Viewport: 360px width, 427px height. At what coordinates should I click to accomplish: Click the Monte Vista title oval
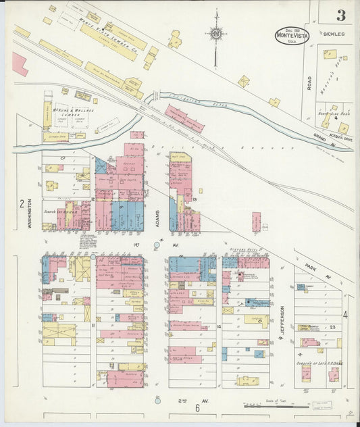point(292,36)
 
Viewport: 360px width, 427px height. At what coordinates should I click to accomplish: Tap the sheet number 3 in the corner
point(342,15)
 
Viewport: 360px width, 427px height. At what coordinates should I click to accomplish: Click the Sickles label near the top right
point(333,33)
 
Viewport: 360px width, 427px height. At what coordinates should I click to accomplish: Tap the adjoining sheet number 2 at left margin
point(22,203)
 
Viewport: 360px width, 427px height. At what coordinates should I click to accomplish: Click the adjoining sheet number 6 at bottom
point(198,408)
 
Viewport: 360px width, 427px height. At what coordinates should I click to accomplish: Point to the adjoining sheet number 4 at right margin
point(344,315)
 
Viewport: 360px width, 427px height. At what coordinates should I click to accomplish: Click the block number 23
point(333,326)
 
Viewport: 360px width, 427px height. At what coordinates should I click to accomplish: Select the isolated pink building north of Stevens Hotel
point(257,221)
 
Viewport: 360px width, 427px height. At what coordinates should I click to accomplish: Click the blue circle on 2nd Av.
point(157,401)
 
